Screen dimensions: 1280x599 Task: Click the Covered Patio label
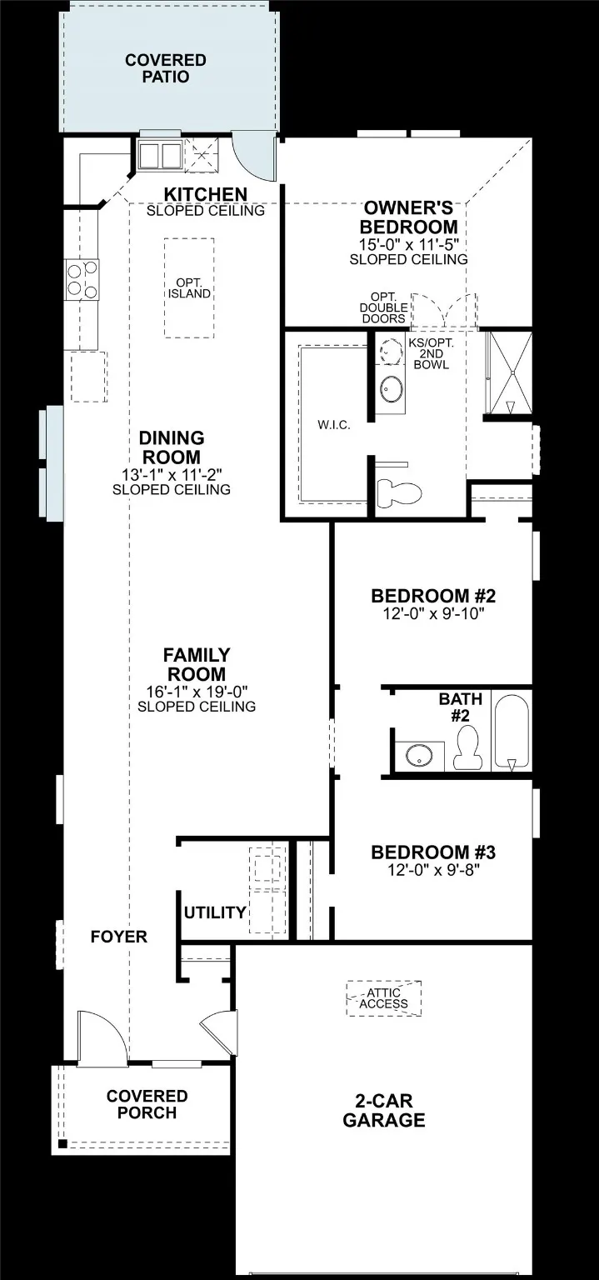tap(165, 68)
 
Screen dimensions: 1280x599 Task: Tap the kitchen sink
tap(160, 156)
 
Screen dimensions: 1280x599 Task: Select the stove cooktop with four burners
tap(82, 279)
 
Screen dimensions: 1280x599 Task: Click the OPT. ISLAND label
tap(189, 287)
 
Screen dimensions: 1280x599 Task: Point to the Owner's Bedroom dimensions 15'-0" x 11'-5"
tap(408, 244)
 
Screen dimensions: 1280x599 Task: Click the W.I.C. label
tap(333, 425)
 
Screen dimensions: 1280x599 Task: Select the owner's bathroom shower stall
tap(508, 372)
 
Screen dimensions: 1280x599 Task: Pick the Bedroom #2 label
tap(433, 597)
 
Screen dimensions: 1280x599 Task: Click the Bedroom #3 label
tap(433, 852)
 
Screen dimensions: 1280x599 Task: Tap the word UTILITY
tap(215, 912)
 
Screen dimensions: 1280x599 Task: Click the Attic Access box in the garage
tap(384, 997)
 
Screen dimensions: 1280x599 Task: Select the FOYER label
tap(119, 937)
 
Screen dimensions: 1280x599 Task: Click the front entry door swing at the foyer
tap(102, 1037)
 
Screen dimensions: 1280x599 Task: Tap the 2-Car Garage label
tap(383, 1110)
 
